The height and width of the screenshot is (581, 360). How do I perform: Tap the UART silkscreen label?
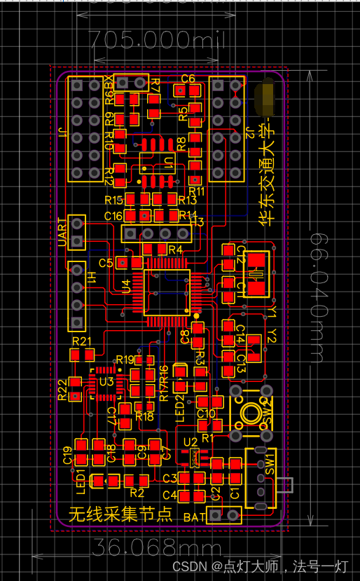point(62,231)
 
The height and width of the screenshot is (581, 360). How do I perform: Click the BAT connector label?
point(194,517)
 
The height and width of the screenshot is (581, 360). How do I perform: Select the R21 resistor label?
point(82,342)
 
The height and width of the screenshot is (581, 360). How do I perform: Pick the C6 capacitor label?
point(188,78)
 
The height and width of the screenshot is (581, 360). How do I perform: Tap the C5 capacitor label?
point(106,263)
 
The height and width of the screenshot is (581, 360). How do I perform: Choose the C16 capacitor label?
point(113,215)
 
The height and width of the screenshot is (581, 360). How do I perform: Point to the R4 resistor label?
point(175,250)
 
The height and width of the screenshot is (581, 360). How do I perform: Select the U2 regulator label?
point(190,442)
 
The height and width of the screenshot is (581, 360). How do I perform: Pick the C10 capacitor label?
point(207,413)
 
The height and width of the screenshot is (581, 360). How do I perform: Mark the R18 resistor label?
point(144,416)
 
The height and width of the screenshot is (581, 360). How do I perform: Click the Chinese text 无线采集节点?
point(120,515)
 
